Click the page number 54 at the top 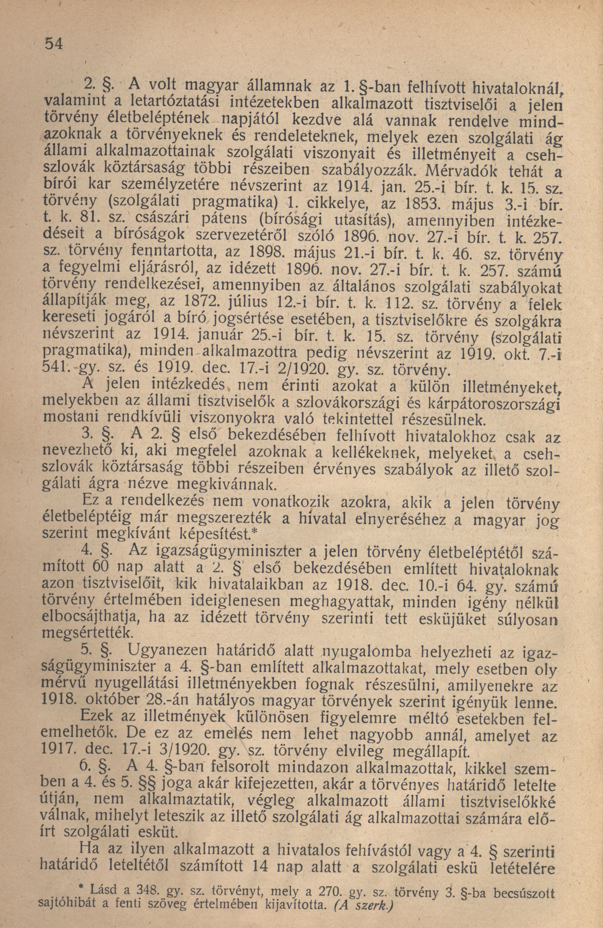(54, 43)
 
